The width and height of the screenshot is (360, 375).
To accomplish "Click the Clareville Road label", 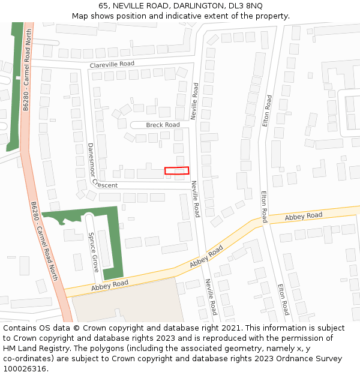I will pos(112,64).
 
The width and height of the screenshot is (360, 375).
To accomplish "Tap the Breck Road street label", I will pos(163,125).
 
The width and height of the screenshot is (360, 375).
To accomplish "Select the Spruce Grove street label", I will pos(93,252).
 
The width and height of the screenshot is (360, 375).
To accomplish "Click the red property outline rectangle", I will pos(176,170).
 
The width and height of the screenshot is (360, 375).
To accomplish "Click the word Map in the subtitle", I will pos(80,16).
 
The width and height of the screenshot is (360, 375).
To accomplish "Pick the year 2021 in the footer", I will pos(227,328).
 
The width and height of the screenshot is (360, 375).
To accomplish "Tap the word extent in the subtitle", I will pos(209,16).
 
